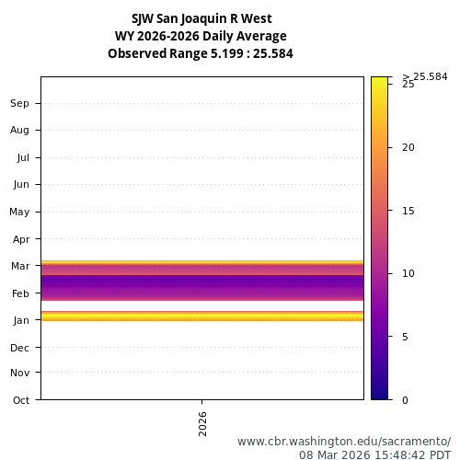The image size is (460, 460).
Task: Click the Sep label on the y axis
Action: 20,103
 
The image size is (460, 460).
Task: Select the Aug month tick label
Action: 20,130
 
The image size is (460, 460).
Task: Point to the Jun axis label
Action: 20,184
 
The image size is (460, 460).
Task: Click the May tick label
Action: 19,212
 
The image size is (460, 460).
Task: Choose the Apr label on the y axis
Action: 20,239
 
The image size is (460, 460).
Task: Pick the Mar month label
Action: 20,266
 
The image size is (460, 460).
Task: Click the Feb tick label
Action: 20,293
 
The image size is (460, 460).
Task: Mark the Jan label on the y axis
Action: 20,320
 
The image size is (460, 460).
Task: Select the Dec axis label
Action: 20,348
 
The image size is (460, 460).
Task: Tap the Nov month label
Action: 20,373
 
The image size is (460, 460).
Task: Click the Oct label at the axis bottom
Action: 20,400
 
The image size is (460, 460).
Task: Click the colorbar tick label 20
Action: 408,147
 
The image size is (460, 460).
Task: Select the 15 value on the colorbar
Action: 408,211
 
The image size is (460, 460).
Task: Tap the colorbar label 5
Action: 406,337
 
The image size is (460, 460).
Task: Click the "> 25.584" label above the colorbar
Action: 425,76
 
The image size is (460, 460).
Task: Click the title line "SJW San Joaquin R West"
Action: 201,18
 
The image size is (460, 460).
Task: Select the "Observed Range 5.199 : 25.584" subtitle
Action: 201,53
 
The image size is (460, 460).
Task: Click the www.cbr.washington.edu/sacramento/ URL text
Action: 344,441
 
